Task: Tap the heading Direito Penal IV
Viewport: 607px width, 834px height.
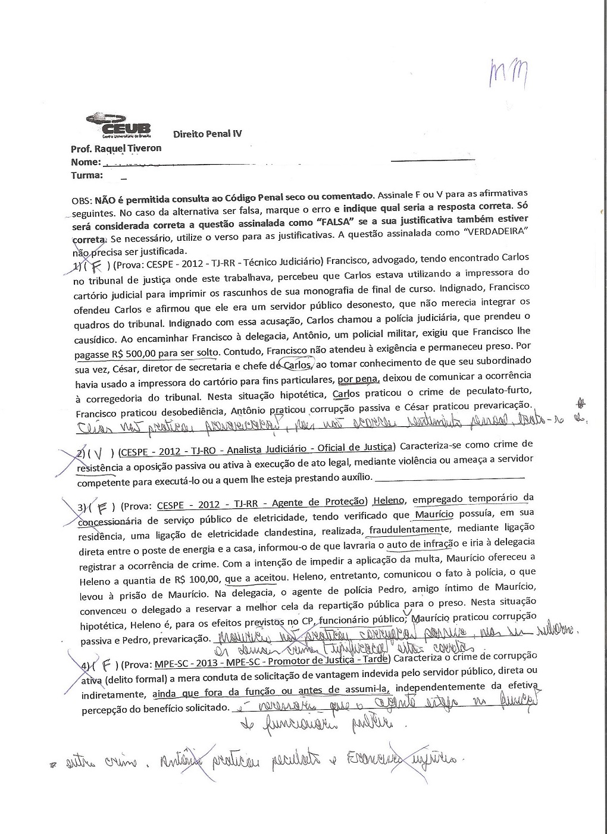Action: click(207, 134)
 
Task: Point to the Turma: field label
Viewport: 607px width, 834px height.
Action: click(87, 175)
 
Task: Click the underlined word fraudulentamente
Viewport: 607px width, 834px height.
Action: click(409, 529)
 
